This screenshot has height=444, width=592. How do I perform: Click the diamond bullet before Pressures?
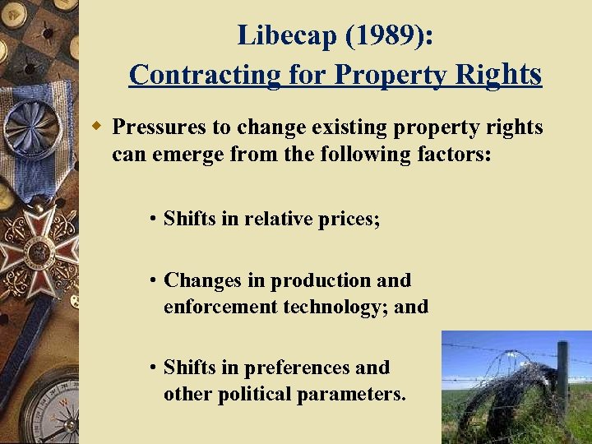click(x=96, y=126)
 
